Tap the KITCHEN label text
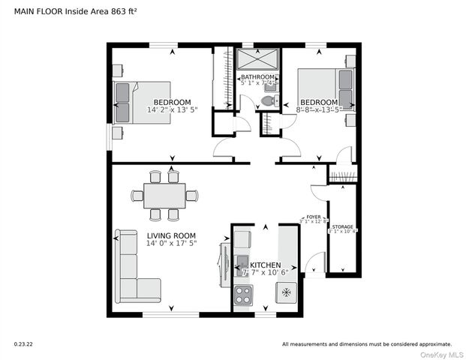coord(266,265)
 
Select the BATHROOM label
coord(257,77)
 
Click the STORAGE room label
coord(343,226)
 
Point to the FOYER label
coord(313,216)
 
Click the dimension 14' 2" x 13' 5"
coord(172,109)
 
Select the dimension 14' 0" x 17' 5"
coord(171,243)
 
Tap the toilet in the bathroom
coord(266,101)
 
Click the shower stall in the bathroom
coord(257,59)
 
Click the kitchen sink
coord(242,262)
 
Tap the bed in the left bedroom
coord(143,102)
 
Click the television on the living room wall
coord(224,262)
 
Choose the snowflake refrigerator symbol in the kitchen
coord(286,292)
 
